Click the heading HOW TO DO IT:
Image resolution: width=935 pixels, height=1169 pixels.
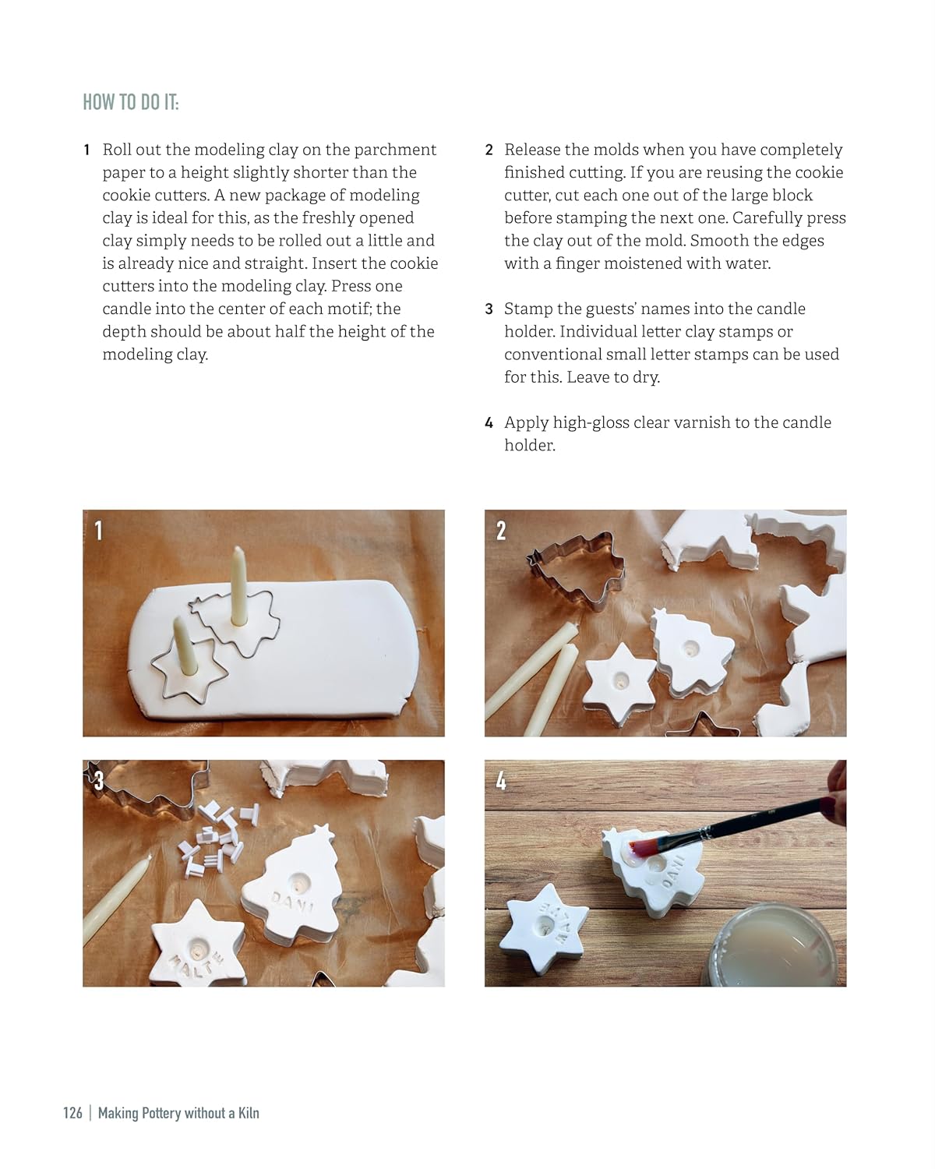pos(130,102)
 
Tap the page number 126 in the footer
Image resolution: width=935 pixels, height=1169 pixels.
pos(72,1113)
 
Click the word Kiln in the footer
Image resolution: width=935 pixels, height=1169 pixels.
pos(248,1113)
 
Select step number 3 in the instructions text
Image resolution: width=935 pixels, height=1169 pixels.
pos(489,309)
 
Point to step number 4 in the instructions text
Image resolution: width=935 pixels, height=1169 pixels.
pos(489,423)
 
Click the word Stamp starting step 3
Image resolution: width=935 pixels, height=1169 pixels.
pos(527,309)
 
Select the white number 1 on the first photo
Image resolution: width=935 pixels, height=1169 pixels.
pos(98,531)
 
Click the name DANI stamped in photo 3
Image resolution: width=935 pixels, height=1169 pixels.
pos(292,903)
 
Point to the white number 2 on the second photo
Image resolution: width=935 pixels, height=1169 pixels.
pos(501,531)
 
